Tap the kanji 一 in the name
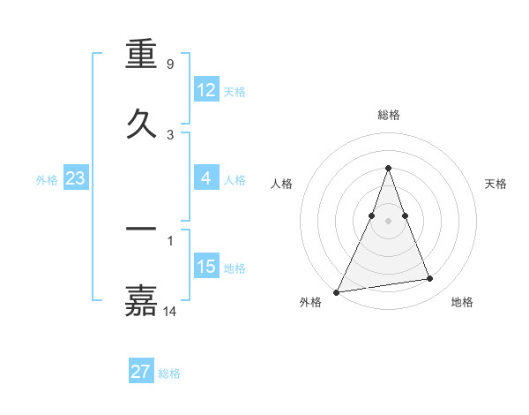tap(141, 230)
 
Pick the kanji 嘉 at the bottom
tap(141, 299)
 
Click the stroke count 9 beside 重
tap(169, 64)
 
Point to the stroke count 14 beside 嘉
tap(171, 311)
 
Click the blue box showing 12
tap(206, 90)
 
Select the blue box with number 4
tap(206, 178)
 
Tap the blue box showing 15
tap(206, 267)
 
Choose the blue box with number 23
tap(75, 178)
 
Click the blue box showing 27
tap(140, 372)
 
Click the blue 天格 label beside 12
tap(235, 91)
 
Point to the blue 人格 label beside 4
tap(235, 179)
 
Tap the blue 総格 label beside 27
tap(169, 373)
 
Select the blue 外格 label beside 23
tap(47, 179)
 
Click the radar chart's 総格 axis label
tap(388, 115)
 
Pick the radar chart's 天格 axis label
tap(496, 184)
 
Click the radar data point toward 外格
tap(337, 292)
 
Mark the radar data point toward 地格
tap(430, 279)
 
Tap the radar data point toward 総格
tap(388, 168)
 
